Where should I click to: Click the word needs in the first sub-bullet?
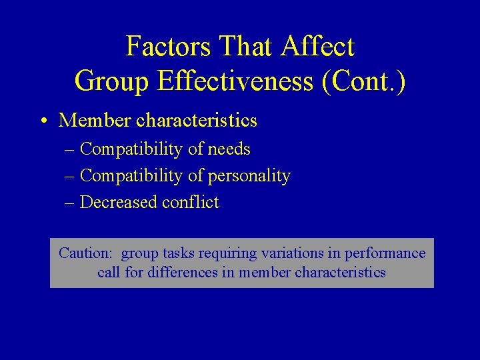[x=229, y=149]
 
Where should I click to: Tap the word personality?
[x=249, y=176]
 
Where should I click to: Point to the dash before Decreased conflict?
[x=70, y=203]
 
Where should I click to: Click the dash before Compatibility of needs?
[x=70, y=149]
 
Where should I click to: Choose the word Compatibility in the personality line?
[x=131, y=176]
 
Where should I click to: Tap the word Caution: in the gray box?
[x=85, y=253]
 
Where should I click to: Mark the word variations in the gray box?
[x=288, y=253]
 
